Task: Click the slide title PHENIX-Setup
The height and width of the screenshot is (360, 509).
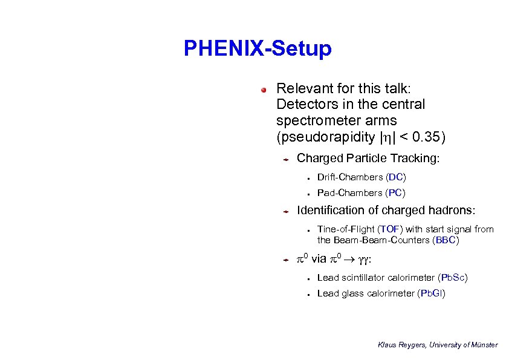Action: pos(258,48)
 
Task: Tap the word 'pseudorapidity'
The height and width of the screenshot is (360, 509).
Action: pos(322,137)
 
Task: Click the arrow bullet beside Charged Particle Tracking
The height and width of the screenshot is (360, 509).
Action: pos(287,160)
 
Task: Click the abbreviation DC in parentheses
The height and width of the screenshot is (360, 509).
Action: pos(396,177)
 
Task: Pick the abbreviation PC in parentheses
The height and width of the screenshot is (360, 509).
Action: pos(396,193)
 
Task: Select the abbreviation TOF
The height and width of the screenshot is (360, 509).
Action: pos(391,229)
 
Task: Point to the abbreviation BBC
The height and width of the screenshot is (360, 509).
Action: pos(446,240)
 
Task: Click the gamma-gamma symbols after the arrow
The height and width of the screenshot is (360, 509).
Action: pos(362,260)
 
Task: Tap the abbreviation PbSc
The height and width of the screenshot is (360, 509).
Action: pos(453,278)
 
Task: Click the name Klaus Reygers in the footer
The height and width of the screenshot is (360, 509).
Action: pos(402,345)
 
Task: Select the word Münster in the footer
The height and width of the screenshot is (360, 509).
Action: pos(484,345)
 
